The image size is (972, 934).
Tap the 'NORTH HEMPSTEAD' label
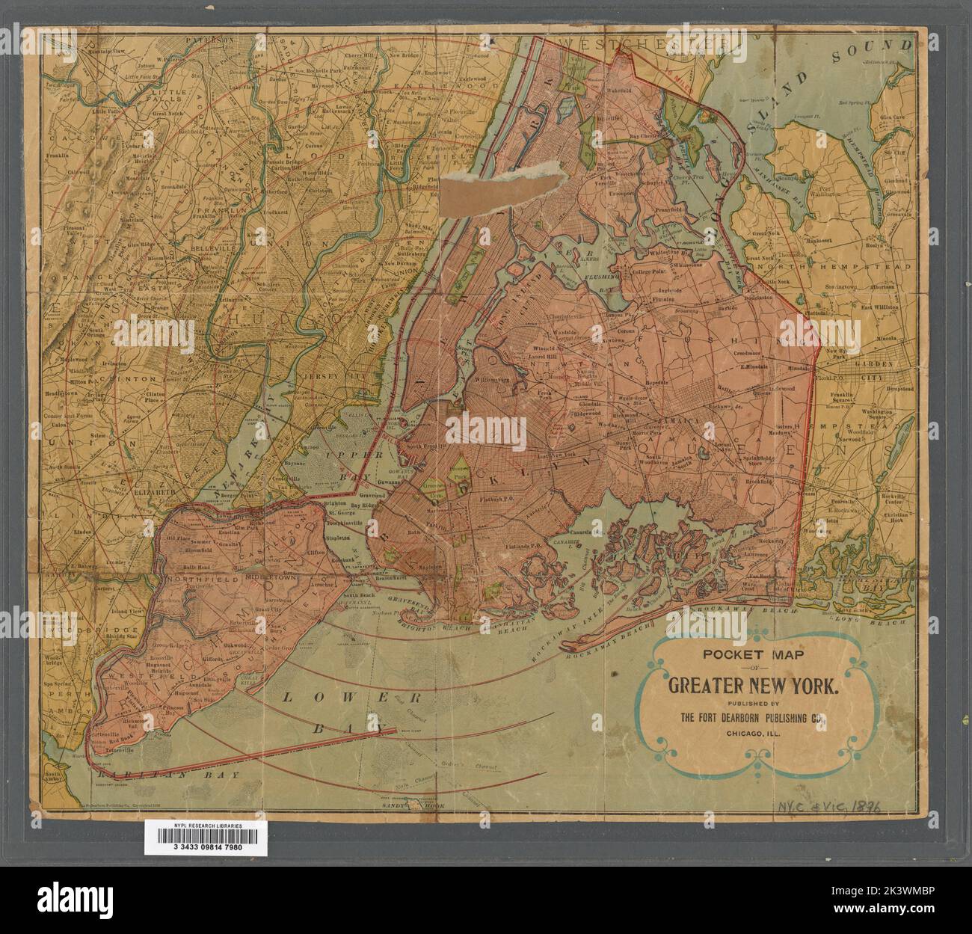tap(860, 266)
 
